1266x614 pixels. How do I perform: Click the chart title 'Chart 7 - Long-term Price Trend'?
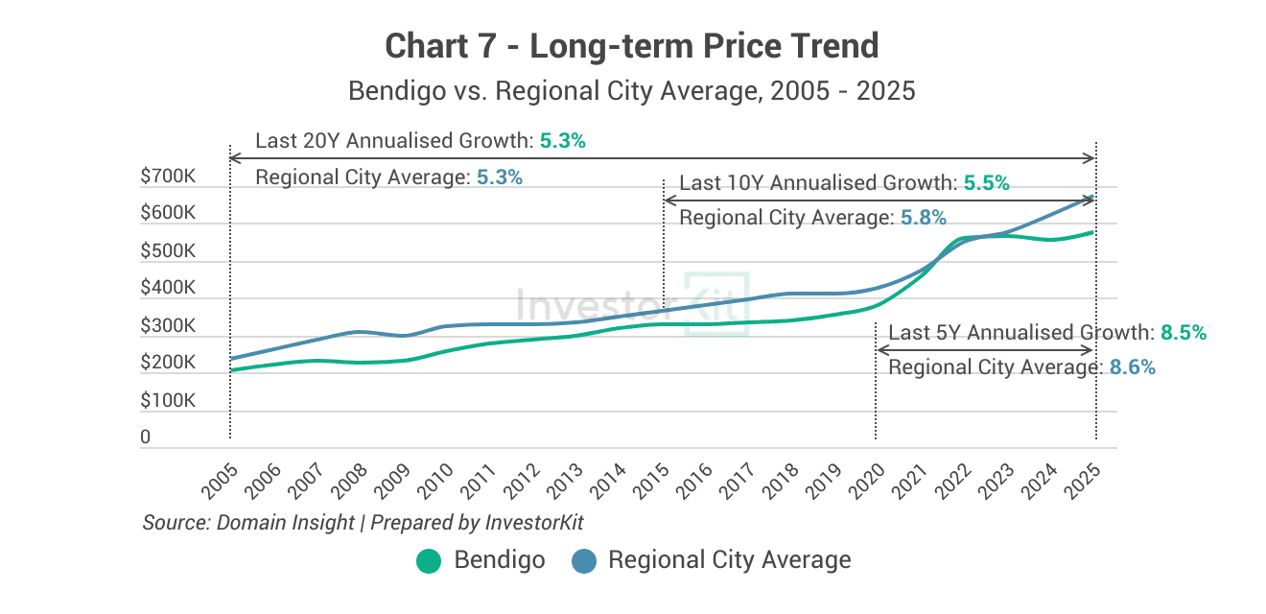point(631,46)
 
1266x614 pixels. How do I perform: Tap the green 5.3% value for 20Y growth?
point(562,141)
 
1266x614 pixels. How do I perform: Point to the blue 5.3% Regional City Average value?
point(499,177)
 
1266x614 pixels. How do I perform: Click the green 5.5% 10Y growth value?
point(986,183)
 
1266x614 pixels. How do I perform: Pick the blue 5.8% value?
point(923,219)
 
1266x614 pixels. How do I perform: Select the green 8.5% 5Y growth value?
point(1183,333)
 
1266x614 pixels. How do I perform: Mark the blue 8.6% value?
point(1132,367)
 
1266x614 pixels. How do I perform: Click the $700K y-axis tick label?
point(168,177)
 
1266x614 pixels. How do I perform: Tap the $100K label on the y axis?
point(168,401)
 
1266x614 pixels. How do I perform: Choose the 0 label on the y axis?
point(146,437)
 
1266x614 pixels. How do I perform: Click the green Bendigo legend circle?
point(429,561)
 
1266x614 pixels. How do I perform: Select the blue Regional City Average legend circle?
point(583,561)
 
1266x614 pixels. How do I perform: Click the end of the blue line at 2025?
point(1093,198)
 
